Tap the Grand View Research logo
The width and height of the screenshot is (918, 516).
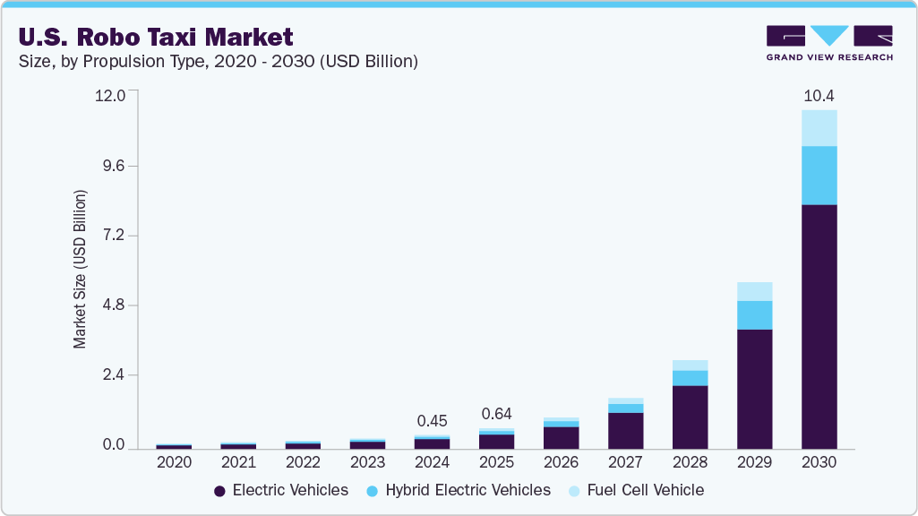coord(828,43)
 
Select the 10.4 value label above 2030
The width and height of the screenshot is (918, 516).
coord(819,95)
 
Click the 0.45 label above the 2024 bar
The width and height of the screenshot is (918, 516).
coord(432,421)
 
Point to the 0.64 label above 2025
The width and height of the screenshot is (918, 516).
coord(496,414)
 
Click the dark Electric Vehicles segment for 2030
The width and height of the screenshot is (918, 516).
coord(819,326)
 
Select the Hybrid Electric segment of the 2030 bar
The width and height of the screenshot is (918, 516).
coord(819,176)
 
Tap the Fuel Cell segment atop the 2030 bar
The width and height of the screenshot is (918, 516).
coord(819,128)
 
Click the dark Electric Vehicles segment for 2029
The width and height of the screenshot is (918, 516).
coord(754,389)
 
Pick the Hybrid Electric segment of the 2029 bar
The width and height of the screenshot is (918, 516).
coord(754,315)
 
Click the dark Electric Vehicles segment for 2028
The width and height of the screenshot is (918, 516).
coord(690,417)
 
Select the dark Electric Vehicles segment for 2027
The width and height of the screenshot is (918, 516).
coord(625,430)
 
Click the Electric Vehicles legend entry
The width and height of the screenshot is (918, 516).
coord(281,490)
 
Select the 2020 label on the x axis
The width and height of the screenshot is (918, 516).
coord(174,463)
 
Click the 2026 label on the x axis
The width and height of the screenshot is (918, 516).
coord(561,463)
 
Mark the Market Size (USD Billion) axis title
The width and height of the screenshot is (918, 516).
coord(81,269)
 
